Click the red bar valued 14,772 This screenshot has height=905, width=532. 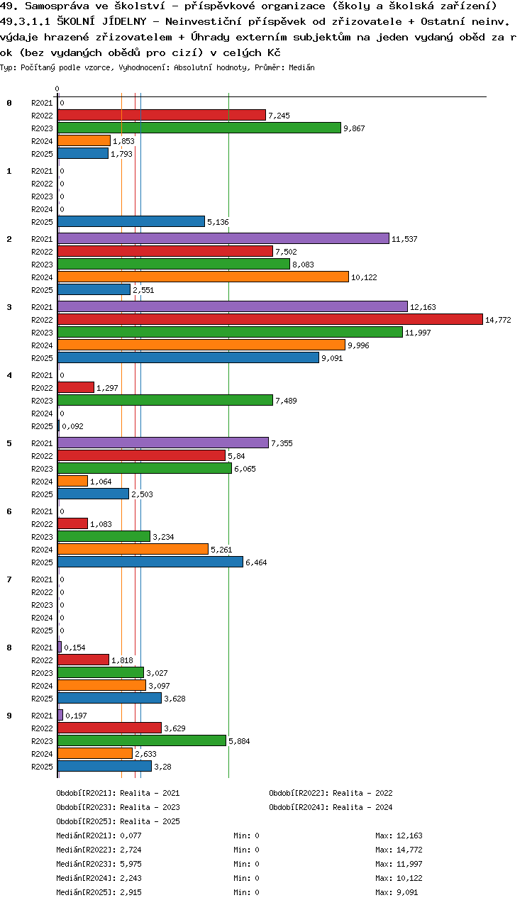coord(270,319)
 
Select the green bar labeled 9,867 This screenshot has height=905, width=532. coord(199,128)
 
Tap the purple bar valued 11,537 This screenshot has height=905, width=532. coord(223,238)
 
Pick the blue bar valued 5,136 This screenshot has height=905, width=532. coord(131,221)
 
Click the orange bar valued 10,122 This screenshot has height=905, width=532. coord(203,277)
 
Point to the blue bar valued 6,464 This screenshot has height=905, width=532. coord(150,562)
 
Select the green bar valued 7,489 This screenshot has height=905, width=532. coord(165,400)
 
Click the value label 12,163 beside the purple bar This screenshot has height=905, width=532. coord(422,307)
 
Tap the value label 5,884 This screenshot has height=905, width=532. coord(239,741)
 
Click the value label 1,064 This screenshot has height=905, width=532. coord(101,482)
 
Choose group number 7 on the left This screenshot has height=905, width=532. coord(9,579)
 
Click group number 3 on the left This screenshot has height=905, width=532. coord(9,307)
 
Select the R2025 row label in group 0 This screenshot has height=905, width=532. coord(42,154)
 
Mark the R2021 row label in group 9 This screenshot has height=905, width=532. coord(42,716)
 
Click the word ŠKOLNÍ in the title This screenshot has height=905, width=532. coord(79,21)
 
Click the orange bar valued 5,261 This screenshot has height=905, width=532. coord(133,549)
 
